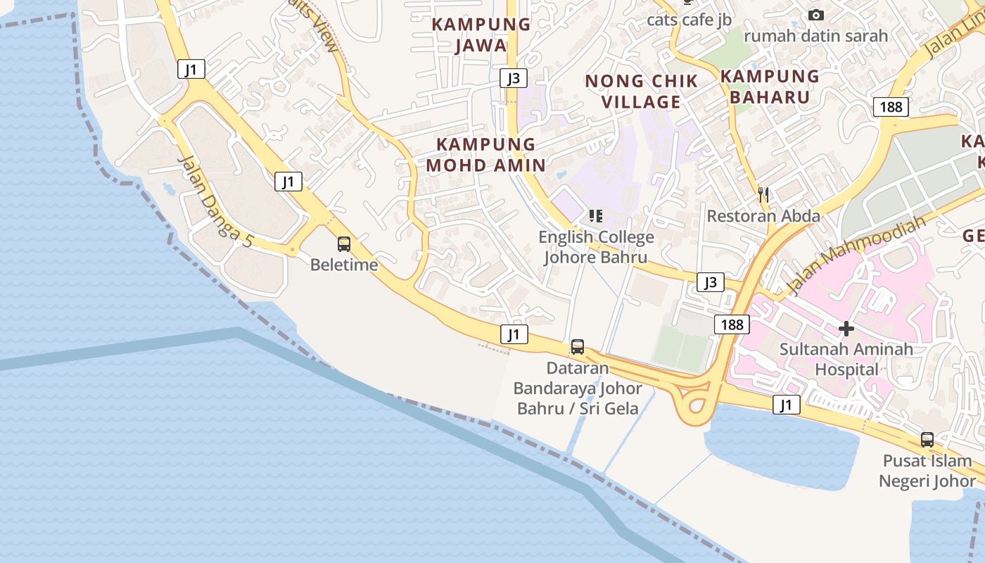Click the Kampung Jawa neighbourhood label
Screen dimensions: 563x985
(x=481, y=34)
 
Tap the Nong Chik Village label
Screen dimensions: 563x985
(x=641, y=91)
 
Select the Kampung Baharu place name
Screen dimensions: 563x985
(x=770, y=87)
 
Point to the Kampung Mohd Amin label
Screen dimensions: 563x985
(x=485, y=155)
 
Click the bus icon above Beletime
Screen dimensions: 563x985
(x=344, y=244)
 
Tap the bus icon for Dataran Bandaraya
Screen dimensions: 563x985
(x=577, y=346)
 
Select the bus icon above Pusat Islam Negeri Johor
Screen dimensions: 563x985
(x=927, y=440)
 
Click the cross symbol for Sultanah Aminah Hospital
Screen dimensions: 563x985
(x=846, y=328)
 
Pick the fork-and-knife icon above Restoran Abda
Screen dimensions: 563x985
(x=763, y=194)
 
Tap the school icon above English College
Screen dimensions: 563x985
(x=596, y=215)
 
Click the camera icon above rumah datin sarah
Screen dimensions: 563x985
(x=815, y=15)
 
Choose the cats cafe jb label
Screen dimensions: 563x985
(x=689, y=20)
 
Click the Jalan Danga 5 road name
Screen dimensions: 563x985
(x=215, y=200)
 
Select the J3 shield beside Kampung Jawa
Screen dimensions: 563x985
(x=514, y=77)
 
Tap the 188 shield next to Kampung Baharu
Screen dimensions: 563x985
(x=891, y=107)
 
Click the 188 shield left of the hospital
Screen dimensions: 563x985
(x=732, y=324)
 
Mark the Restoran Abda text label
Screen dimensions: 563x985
(x=763, y=215)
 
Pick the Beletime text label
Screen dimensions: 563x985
(x=344, y=265)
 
